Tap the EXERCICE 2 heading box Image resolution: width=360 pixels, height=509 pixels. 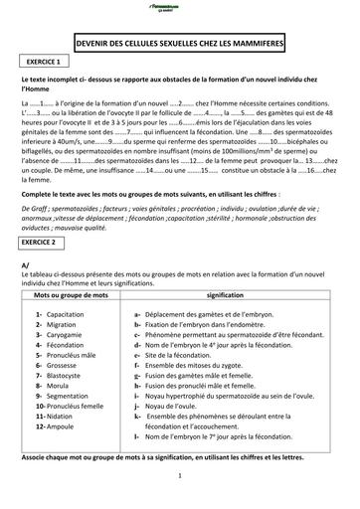pyautogui.click(x=46, y=242)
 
